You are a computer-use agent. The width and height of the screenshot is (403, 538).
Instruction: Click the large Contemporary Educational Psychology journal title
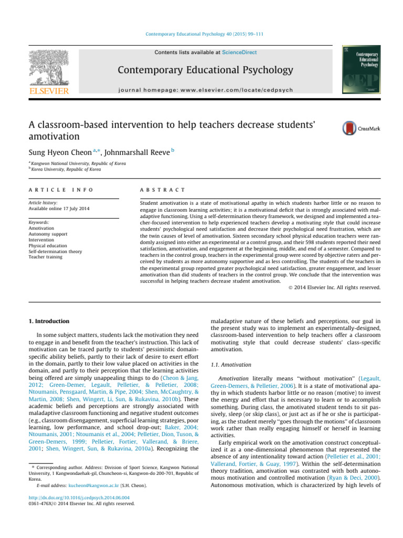[205, 70]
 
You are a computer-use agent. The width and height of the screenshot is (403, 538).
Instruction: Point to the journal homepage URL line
[205, 90]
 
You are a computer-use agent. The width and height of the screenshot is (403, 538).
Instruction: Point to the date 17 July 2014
[75, 209]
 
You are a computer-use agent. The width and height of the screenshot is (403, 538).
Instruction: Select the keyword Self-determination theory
[56, 251]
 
